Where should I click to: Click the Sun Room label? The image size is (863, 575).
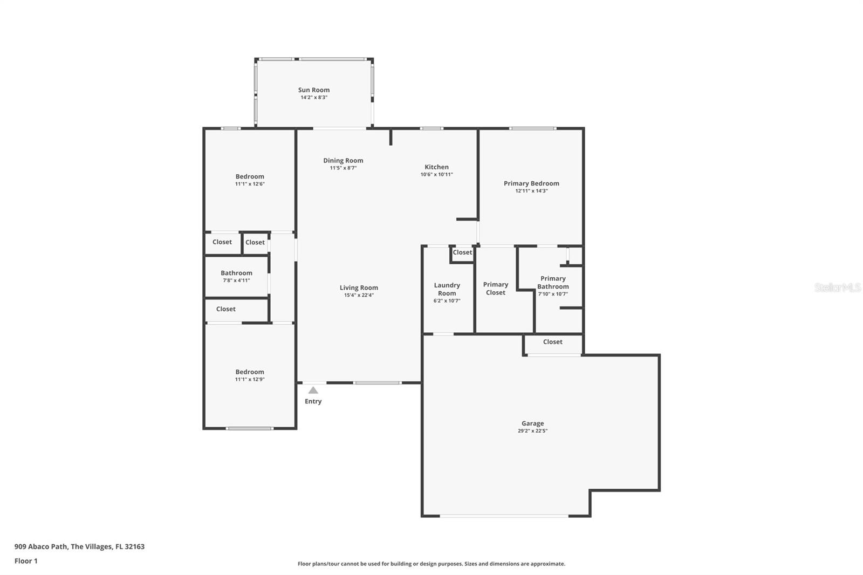[313, 90]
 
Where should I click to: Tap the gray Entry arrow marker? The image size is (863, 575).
[313, 390]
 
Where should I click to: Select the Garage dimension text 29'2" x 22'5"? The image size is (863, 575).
[532, 431]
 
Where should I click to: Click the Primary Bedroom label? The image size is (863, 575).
[531, 183]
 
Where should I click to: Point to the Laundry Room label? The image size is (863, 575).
[447, 289]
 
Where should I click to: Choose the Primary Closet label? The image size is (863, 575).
[495, 289]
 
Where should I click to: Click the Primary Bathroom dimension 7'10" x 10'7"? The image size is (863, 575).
[553, 294]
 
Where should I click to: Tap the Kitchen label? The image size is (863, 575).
[436, 167]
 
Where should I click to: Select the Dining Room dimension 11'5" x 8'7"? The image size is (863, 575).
[343, 168]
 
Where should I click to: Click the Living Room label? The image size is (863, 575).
[359, 287]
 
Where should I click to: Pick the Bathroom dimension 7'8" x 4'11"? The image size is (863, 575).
[236, 280]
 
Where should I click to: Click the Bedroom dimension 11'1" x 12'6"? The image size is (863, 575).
[250, 184]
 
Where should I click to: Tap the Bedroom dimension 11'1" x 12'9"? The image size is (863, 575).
[250, 379]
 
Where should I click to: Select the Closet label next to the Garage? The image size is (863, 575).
[552, 342]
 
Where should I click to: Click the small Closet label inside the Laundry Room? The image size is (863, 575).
[462, 252]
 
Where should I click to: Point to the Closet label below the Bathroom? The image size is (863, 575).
[225, 309]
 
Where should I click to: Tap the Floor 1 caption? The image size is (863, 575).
[26, 561]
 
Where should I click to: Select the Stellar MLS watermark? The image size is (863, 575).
[837, 287]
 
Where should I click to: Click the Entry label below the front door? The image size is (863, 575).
[313, 401]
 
